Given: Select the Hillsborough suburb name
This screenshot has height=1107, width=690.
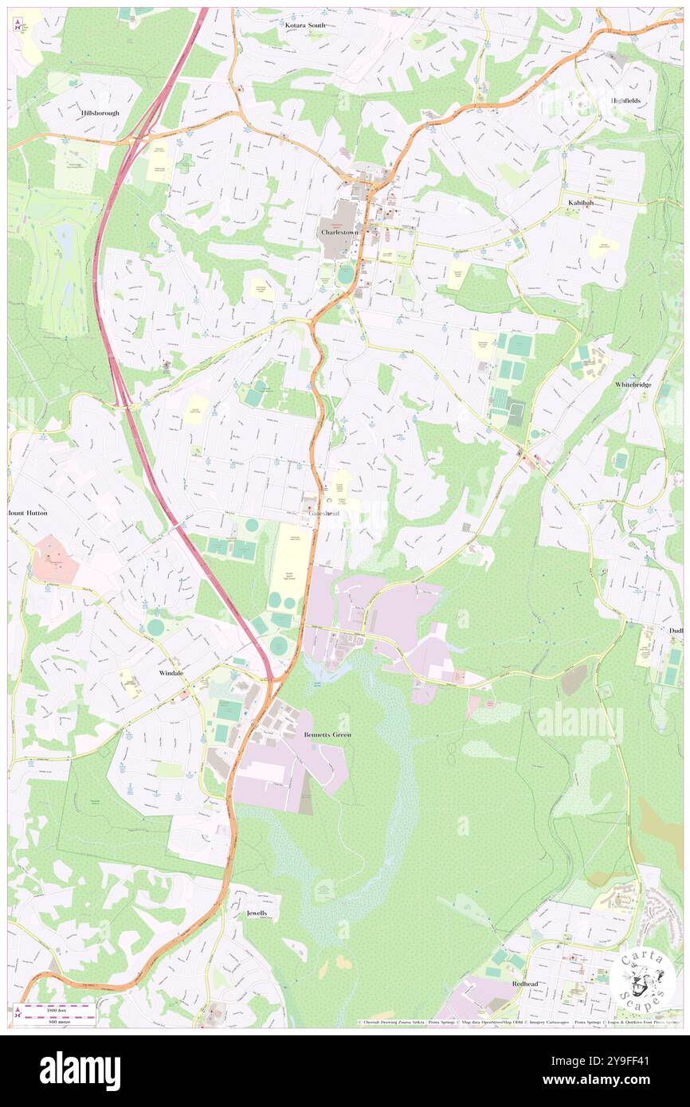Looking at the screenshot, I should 100,113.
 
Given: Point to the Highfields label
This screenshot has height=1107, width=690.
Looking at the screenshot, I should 625,101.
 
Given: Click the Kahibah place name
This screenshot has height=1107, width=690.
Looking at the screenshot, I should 580,203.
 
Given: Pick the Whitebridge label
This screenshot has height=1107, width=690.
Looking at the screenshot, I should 633,385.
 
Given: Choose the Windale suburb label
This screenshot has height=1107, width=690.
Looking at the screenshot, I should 166,673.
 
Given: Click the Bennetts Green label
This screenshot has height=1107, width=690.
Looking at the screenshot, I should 327,734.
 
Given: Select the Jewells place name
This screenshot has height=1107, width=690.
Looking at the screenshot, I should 257,913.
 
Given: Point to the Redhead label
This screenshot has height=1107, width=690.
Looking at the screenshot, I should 525,984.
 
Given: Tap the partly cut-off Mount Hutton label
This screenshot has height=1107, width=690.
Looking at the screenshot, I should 29,513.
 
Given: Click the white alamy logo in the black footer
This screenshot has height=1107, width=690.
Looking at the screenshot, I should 80,1070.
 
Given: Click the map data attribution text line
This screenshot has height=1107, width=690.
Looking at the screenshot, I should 518,1022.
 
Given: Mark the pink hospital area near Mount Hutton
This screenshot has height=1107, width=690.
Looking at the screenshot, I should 55,558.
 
